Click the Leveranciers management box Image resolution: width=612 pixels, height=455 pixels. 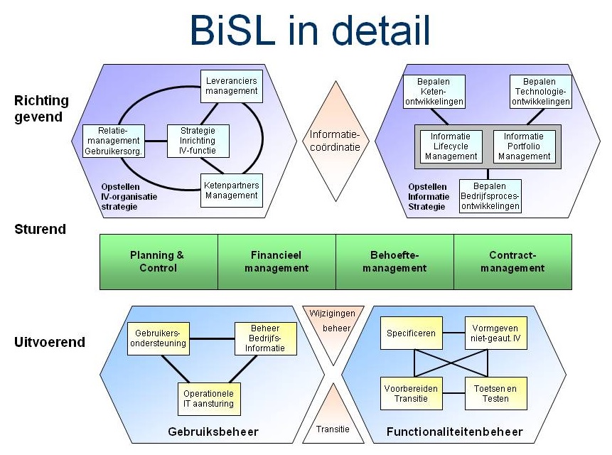232,86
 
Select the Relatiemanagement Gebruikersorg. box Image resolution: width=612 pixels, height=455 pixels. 114,141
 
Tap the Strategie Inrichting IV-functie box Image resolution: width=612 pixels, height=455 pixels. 198,141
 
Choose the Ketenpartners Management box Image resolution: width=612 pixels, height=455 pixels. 232,191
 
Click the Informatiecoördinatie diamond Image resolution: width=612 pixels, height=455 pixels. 335,141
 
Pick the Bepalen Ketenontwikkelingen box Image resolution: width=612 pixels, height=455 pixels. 434,92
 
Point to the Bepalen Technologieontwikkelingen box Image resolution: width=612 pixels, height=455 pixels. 541,92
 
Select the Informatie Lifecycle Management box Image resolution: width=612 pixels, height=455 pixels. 451,146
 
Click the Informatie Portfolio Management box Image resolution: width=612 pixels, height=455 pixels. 524,146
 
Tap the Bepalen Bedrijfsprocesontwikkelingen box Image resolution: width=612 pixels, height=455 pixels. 490,196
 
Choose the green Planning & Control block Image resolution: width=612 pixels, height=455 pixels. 159,262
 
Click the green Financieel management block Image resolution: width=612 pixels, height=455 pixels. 277,262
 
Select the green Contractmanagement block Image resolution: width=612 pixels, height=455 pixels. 513,262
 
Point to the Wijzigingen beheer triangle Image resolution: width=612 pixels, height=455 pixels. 333,326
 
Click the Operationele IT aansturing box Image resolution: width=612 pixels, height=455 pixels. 209,399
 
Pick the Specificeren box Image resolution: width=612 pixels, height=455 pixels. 412,333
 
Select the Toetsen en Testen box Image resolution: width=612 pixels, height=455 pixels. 495,393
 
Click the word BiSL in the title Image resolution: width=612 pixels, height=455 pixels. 233,30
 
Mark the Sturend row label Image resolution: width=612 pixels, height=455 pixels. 41,229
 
